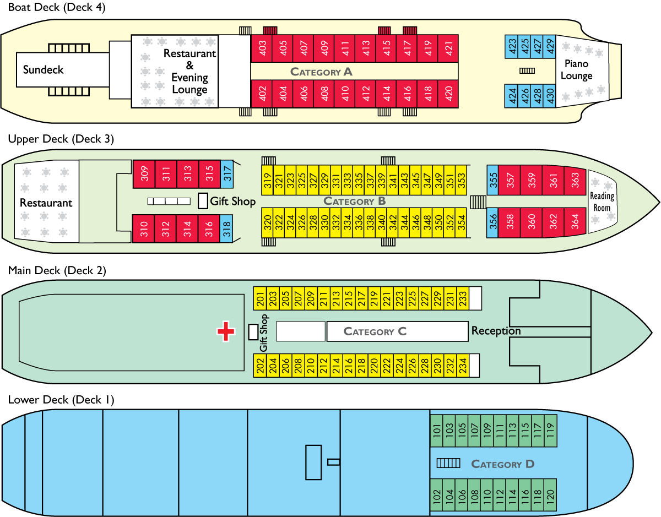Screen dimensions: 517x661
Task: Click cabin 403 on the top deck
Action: (x=262, y=48)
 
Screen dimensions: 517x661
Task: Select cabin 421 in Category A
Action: (x=448, y=48)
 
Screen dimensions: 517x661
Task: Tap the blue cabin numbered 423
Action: (x=512, y=47)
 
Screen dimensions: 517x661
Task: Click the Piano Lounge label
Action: (x=576, y=70)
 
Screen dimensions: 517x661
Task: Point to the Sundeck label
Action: (x=43, y=70)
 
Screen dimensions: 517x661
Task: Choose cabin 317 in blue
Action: (x=227, y=175)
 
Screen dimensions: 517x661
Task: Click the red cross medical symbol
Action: (x=226, y=331)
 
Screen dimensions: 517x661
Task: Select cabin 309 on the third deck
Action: (x=144, y=175)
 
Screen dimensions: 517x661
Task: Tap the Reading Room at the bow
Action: (x=602, y=202)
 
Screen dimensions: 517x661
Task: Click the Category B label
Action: (x=355, y=201)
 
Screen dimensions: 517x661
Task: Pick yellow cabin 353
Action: (x=462, y=180)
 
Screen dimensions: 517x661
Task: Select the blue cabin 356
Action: (x=493, y=222)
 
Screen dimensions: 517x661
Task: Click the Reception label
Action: (x=496, y=331)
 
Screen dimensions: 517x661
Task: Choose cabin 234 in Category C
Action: (x=463, y=366)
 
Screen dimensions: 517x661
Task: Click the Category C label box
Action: (x=397, y=331)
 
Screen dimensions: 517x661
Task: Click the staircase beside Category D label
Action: (x=448, y=464)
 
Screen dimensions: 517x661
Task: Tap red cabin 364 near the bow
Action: (x=575, y=222)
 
